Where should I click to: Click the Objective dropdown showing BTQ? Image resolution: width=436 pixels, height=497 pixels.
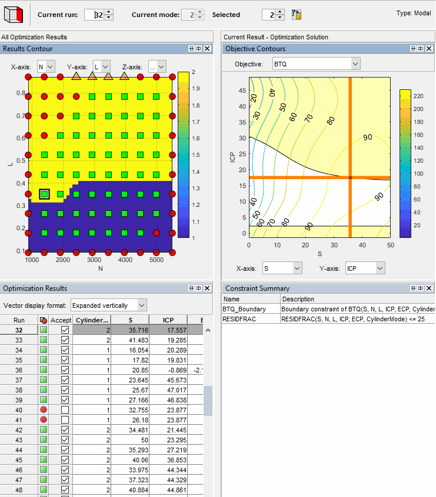pyautogui.click(x=316, y=63)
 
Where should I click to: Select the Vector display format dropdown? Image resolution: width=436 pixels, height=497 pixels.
pyautogui.click(x=108, y=305)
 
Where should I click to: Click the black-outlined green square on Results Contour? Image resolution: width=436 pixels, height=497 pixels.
pyautogui.click(x=44, y=194)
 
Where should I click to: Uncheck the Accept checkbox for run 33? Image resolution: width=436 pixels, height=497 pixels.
pyautogui.click(x=65, y=340)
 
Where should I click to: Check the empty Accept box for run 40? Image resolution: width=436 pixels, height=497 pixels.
pyautogui.click(x=65, y=410)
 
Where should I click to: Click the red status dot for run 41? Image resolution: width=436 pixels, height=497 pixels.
pyautogui.click(x=43, y=420)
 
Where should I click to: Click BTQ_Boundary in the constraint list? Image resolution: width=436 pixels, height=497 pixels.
pyautogui.click(x=244, y=308)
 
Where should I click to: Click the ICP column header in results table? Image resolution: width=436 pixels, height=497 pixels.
pyautogui.click(x=168, y=320)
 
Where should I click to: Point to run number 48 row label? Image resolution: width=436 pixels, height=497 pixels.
pyautogui.click(x=19, y=490)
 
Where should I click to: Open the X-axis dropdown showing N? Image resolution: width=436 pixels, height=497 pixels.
pyautogui.click(x=45, y=67)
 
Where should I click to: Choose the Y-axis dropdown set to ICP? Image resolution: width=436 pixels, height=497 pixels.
pyautogui.click(x=364, y=268)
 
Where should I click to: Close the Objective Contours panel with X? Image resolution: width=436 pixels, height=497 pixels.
pyautogui.click(x=430, y=49)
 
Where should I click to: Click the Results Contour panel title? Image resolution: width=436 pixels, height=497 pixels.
pyautogui.click(x=28, y=49)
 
